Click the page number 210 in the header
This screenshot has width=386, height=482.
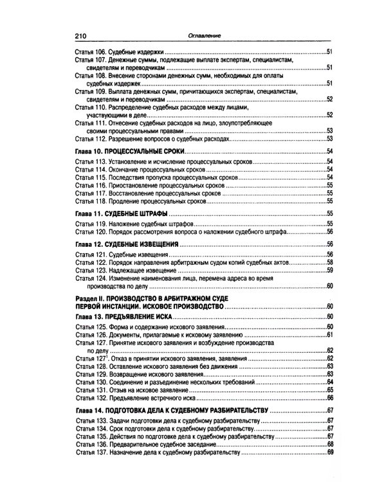pyautogui.click(x=81, y=36)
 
